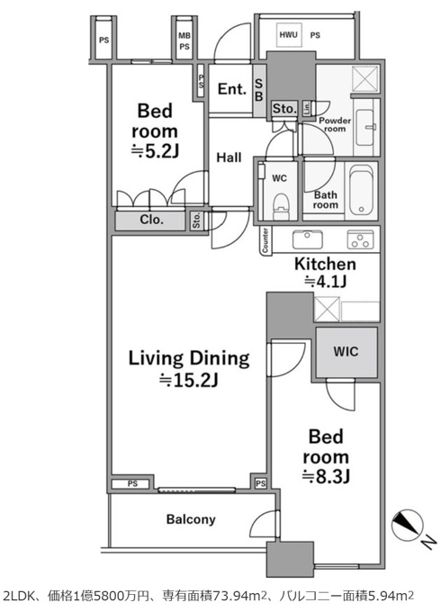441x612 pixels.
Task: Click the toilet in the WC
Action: point(280,206)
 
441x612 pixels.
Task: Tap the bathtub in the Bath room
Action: point(361,190)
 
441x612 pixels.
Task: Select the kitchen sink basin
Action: point(308,238)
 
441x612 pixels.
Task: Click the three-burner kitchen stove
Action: point(360,238)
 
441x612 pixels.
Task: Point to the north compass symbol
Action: point(408,524)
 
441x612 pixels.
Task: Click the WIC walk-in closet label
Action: point(346,351)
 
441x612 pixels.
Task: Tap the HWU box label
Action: point(288,35)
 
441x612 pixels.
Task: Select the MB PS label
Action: point(184,41)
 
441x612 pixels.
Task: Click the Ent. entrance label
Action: point(232,89)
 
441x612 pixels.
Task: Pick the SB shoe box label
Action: point(258,90)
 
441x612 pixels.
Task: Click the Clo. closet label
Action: point(151,220)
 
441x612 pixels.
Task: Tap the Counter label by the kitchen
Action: point(265,240)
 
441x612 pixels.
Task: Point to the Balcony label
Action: point(191,519)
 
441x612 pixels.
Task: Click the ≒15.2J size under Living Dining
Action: point(189,380)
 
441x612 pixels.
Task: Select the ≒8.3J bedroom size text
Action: point(326,476)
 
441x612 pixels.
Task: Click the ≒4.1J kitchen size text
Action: point(326,281)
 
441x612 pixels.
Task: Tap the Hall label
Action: point(229,157)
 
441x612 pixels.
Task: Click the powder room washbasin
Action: point(366,126)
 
